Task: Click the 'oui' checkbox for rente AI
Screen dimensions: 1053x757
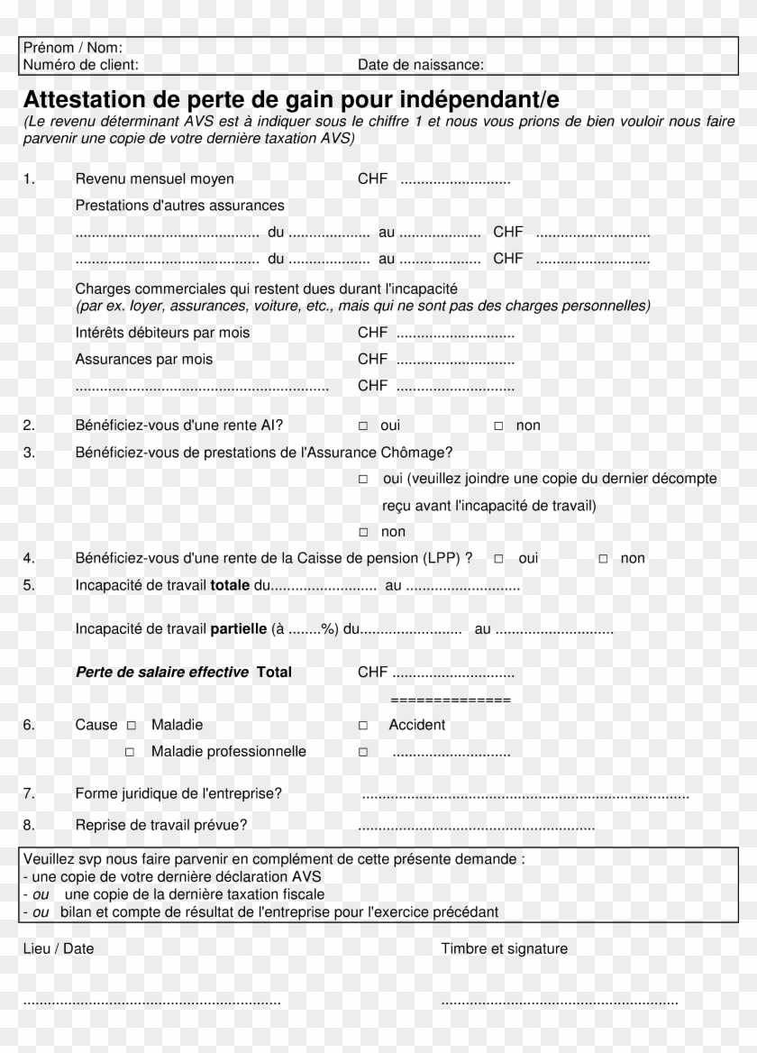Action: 363,426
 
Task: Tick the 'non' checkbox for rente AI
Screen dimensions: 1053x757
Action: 498,426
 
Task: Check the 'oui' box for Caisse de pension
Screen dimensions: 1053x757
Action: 499,559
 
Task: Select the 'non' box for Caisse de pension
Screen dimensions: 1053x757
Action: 604,559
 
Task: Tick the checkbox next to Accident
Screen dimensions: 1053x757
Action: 363,726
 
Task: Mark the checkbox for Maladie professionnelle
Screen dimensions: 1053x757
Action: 130,752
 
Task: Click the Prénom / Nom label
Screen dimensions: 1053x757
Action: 73,48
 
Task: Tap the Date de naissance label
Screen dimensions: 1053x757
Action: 421,65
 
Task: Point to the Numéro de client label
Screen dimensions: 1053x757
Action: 81,65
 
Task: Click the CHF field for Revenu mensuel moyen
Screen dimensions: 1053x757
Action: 455,180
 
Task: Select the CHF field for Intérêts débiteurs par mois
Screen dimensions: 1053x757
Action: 455,334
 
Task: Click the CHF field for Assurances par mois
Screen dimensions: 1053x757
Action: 455,360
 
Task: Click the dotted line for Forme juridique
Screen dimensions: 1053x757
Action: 525,795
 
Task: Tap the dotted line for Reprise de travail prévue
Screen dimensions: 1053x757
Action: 477,826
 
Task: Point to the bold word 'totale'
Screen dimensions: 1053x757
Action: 230,586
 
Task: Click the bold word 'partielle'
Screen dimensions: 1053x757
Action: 238,629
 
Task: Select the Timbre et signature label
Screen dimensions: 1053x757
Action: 505,948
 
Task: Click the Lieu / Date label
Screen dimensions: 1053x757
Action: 59,948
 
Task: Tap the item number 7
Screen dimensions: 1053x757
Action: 29,794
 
